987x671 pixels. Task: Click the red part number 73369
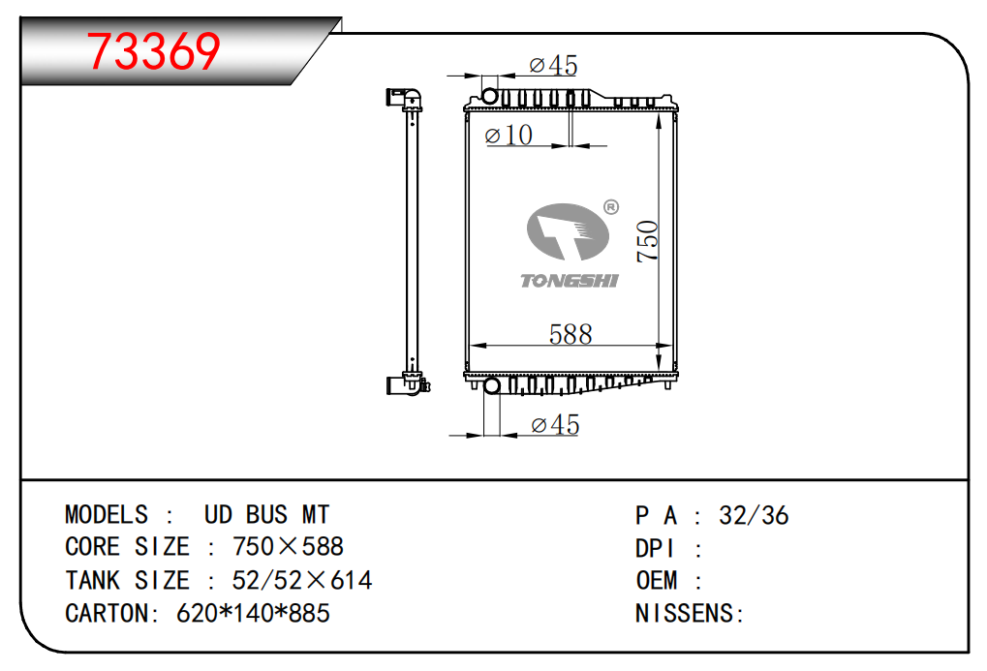pyautogui.click(x=154, y=51)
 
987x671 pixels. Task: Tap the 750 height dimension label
pyautogui.click(x=647, y=241)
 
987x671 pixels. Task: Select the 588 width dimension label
pyautogui.click(x=571, y=334)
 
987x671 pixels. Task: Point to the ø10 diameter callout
pyautogui.click(x=509, y=135)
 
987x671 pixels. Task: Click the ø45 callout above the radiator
pyautogui.click(x=553, y=65)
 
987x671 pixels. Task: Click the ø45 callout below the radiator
pyautogui.click(x=555, y=425)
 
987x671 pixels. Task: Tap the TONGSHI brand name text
pyautogui.click(x=570, y=281)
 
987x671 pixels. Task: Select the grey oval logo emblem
pyautogui.click(x=568, y=231)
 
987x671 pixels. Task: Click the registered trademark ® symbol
pyautogui.click(x=610, y=207)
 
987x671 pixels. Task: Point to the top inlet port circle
pyautogui.click(x=490, y=96)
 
